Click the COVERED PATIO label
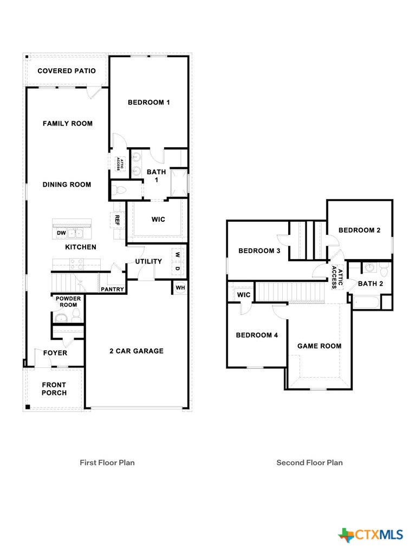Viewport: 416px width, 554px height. (x=67, y=71)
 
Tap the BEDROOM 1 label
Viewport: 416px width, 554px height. (x=149, y=102)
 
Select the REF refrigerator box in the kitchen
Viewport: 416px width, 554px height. (x=116, y=220)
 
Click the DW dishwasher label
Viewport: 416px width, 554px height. (x=61, y=233)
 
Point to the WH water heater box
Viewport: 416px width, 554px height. (x=180, y=287)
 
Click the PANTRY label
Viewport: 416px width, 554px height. (x=113, y=289)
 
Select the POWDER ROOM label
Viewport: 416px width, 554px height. (x=68, y=301)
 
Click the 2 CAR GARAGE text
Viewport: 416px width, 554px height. (x=136, y=351)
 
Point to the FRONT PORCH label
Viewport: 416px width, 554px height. (x=54, y=389)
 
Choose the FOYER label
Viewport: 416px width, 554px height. (x=55, y=353)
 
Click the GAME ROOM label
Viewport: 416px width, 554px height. (x=319, y=346)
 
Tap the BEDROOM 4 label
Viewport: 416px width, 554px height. (x=257, y=335)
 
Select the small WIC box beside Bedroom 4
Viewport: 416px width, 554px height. (x=244, y=295)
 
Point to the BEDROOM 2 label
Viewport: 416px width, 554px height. (x=359, y=230)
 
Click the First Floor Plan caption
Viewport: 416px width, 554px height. (x=107, y=463)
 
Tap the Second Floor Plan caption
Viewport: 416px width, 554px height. (x=309, y=463)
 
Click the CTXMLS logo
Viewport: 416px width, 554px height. (x=371, y=535)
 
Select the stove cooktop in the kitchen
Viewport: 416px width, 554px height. (x=76, y=263)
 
